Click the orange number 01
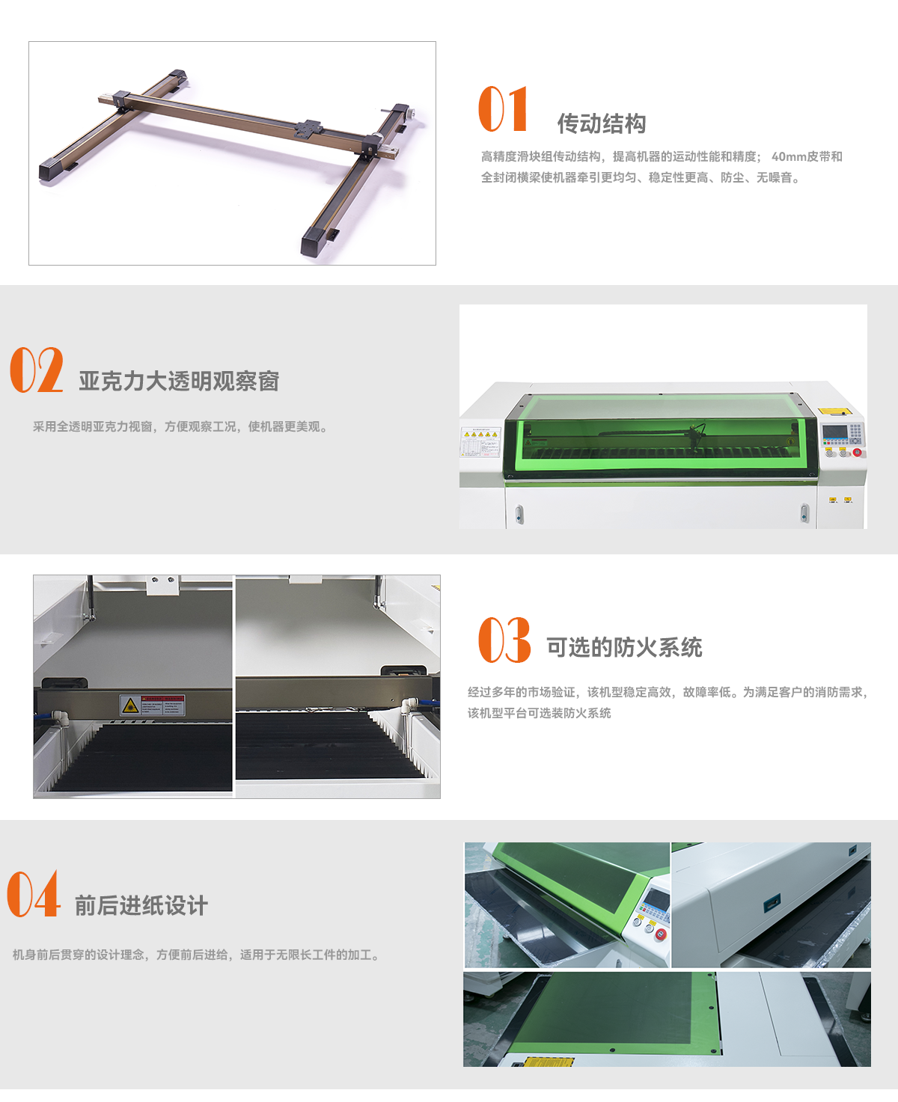tap(503, 108)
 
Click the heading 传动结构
tap(602, 123)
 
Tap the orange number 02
tap(37, 370)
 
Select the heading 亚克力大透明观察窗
tap(179, 382)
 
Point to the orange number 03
tap(504, 640)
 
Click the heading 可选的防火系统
tap(624, 647)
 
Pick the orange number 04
tap(34, 893)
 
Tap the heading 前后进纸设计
tap(141, 905)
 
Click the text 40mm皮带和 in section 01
tap(807, 156)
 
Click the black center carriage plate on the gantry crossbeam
tap(308, 129)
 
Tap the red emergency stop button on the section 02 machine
tap(857, 453)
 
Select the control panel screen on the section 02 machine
tap(834, 431)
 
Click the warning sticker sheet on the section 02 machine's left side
tap(480, 442)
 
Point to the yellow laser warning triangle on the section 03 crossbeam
tap(130, 704)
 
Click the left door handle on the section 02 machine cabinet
tap(519, 514)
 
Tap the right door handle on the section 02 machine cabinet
tap(804, 512)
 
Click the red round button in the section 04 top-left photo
tap(661, 934)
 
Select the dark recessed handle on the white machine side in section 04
tap(772, 902)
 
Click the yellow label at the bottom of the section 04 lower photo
tap(549, 1062)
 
